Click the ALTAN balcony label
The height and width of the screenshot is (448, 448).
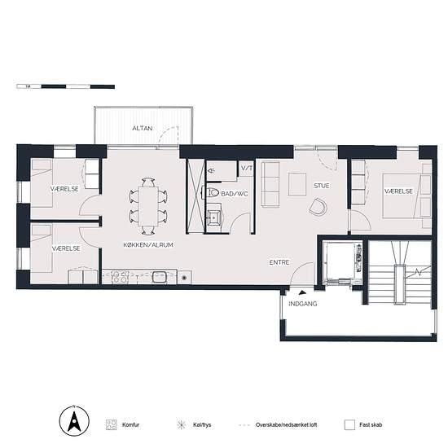pyautogui.click(x=142, y=128)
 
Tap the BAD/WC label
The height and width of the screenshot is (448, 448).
pyautogui.click(x=235, y=194)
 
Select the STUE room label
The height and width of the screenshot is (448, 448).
pyautogui.click(x=322, y=186)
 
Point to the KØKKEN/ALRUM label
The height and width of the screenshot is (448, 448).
pyautogui.click(x=148, y=245)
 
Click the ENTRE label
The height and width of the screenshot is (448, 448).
pyautogui.click(x=279, y=262)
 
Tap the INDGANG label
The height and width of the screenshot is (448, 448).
pyautogui.click(x=302, y=304)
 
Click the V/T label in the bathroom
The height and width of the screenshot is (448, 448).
pyautogui.click(x=247, y=169)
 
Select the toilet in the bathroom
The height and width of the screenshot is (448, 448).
pyautogui.click(x=211, y=192)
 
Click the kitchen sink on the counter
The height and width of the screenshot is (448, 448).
pyautogui.click(x=160, y=277)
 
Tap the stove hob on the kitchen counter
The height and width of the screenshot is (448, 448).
pyautogui.click(x=120, y=277)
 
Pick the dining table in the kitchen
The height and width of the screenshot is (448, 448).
pyautogui.click(x=148, y=206)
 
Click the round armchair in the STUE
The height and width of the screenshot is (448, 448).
pyautogui.click(x=318, y=207)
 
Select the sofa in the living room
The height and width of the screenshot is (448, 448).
pyautogui.click(x=270, y=183)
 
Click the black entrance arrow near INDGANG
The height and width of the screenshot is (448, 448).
pyautogui.click(x=302, y=292)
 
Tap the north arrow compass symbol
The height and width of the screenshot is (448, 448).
pyautogui.click(x=74, y=421)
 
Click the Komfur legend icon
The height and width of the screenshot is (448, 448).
pyautogui.click(x=111, y=425)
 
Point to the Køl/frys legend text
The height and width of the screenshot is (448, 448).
pyautogui.click(x=202, y=425)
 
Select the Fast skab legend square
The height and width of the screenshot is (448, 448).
pyautogui.click(x=349, y=425)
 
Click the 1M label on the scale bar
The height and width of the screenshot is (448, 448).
pyautogui.click(x=28, y=86)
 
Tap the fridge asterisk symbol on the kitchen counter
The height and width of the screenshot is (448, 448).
pyautogui.click(x=184, y=277)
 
